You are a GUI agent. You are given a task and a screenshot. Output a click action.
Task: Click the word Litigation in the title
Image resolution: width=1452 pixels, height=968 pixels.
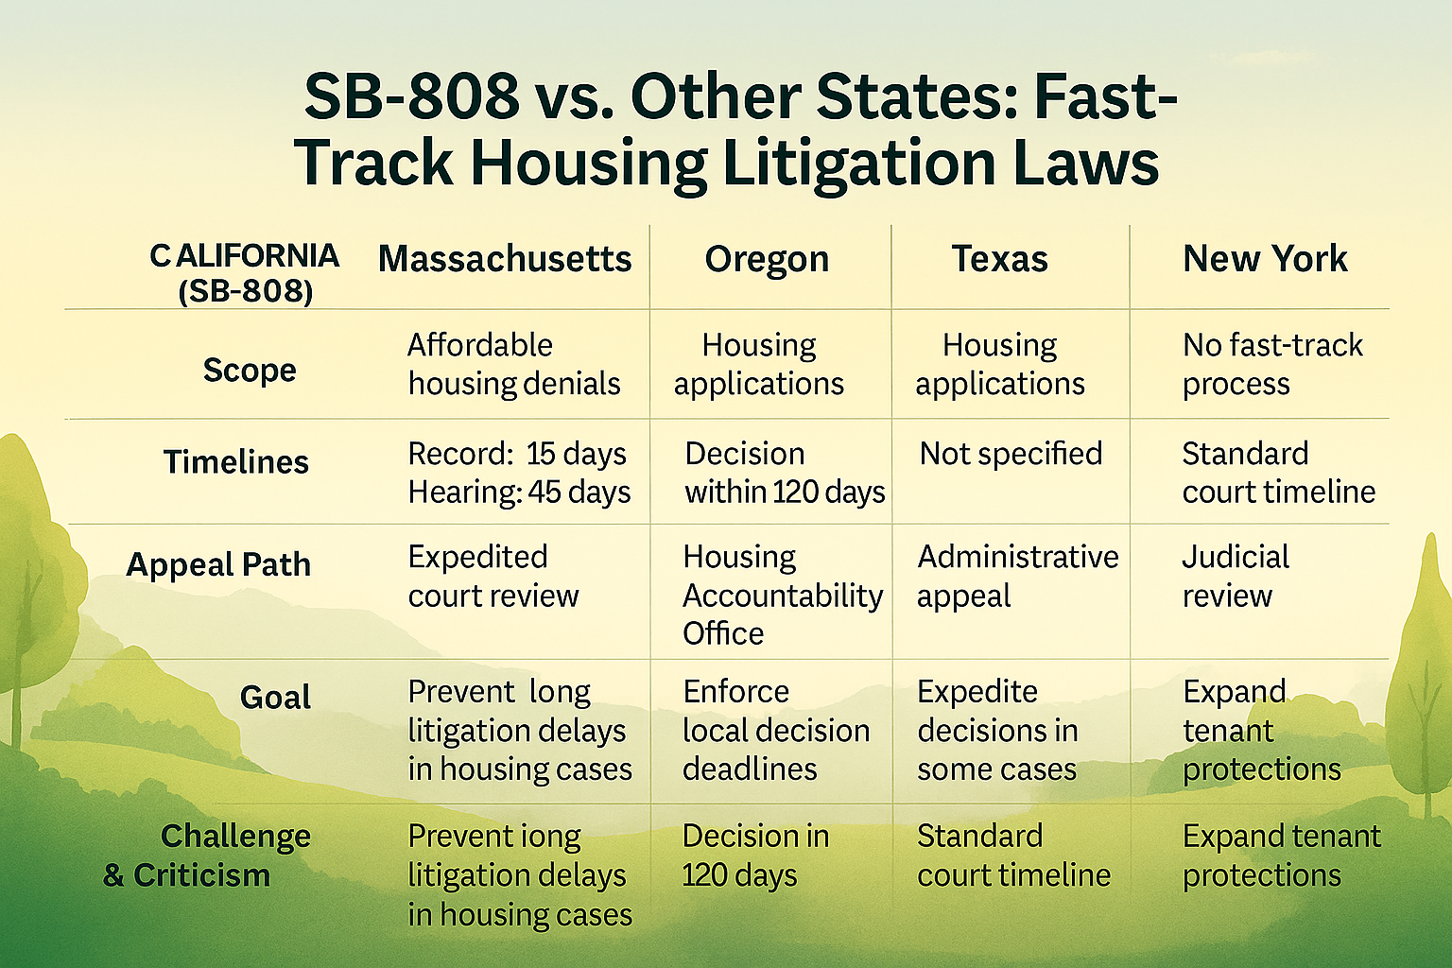(x=858, y=164)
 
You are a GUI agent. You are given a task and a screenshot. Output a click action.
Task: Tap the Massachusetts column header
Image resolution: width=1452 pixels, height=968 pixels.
(x=505, y=259)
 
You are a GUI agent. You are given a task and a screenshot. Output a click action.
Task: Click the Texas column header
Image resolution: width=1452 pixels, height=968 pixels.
(x=999, y=259)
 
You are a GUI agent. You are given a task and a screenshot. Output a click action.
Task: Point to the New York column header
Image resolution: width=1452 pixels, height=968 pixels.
(x=1265, y=259)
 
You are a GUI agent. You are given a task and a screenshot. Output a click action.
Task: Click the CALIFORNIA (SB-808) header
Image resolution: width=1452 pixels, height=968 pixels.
(x=245, y=273)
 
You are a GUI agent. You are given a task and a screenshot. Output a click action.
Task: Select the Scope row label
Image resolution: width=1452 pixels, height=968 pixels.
(x=250, y=371)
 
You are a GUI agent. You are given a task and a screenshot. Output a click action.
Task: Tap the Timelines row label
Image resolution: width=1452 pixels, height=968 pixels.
(x=236, y=462)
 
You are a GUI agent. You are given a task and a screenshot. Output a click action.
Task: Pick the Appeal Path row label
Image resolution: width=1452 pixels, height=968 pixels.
(x=218, y=564)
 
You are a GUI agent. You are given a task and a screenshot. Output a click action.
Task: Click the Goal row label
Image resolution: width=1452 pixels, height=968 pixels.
(x=275, y=698)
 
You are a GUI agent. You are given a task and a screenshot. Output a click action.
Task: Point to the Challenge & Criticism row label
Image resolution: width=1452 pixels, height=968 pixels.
(x=207, y=856)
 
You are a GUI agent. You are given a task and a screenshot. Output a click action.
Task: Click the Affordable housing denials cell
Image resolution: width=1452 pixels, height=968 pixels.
(x=514, y=364)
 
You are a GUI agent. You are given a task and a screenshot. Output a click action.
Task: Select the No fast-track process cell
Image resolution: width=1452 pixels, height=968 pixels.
(x=1272, y=364)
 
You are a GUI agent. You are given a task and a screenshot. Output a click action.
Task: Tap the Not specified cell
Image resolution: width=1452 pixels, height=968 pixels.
(x=1011, y=454)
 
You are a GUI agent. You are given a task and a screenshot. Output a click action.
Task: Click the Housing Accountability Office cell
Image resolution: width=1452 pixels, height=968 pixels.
(x=783, y=596)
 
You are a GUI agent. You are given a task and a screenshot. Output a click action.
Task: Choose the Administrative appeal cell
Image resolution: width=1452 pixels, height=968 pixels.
(x=1018, y=577)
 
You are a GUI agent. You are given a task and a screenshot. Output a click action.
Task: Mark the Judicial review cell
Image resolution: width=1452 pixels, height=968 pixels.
(x=1236, y=577)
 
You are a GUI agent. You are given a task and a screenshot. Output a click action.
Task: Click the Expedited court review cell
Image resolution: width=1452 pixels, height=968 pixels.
(x=493, y=577)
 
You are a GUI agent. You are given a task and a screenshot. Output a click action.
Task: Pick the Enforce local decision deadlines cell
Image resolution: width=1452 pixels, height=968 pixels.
(x=776, y=731)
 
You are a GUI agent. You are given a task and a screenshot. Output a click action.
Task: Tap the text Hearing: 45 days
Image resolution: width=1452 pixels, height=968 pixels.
(x=519, y=493)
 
